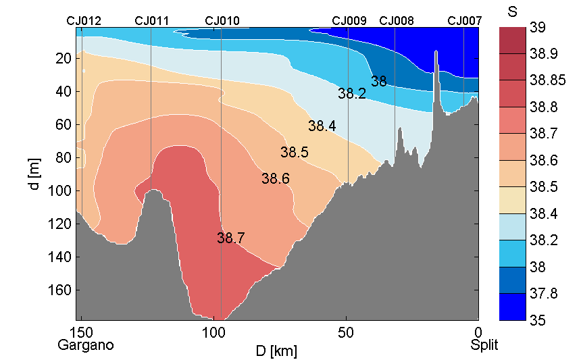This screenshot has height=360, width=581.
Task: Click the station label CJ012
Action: point(84,21)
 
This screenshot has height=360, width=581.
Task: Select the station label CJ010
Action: point(222,21)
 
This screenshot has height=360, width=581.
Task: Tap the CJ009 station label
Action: point(349,21)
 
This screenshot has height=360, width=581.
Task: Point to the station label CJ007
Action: point(465,21)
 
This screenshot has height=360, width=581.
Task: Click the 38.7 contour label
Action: point(231,238)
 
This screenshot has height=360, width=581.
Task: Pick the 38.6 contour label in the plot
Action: point(276,179)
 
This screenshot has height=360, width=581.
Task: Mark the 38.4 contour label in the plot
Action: point(322,126)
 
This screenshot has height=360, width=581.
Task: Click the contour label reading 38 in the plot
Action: point(379,82)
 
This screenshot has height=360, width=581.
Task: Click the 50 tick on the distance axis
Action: point(346,332)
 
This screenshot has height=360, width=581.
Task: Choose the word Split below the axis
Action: point(484,345)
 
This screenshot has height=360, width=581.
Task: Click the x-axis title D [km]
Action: point(276,351)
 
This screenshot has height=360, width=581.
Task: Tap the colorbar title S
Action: point(511,11)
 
